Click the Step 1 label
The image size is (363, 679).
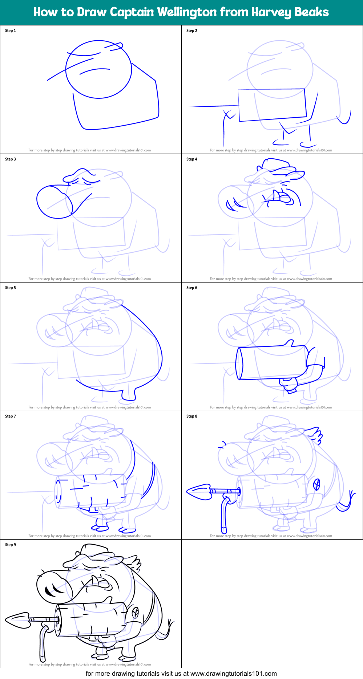(11, 31)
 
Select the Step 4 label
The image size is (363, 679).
(192, 159)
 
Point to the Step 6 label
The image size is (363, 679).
(192, 288)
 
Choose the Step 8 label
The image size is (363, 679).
(192, 416)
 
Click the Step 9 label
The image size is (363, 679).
(11, 545)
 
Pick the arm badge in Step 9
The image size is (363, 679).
(135, 612)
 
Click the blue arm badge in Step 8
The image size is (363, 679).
(317, 484)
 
